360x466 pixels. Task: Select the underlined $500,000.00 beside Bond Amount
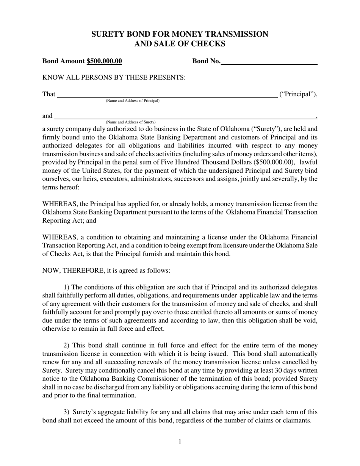coord(104,61)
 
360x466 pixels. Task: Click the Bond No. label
coord(206,61)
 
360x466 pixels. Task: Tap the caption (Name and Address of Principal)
coord(132,101)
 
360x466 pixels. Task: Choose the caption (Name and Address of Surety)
coord(130,122)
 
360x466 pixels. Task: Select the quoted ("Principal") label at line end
coord(298,94)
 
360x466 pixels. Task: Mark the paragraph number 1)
coord(66,287)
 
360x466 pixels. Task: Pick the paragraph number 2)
coord(66,346)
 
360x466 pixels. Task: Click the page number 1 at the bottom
coord(180,442)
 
